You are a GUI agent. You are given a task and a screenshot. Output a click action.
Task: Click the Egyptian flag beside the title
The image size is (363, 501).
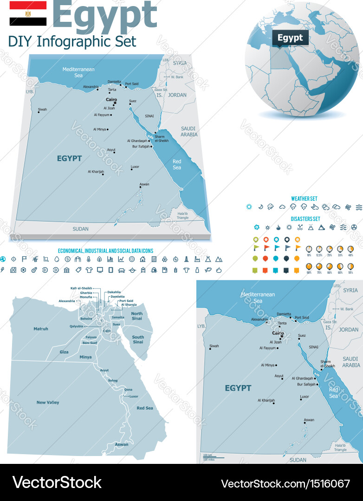[28, 13]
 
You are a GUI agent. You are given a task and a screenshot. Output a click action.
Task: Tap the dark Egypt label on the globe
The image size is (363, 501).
[291, 38]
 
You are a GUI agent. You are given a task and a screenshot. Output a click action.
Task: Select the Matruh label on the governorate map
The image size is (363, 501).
[41, 329]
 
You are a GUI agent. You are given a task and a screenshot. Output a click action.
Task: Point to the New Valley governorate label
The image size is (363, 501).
[48, 402]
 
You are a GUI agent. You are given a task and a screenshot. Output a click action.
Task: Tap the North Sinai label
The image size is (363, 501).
[136, 316]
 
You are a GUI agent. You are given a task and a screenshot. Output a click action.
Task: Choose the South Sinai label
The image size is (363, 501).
[138, 340]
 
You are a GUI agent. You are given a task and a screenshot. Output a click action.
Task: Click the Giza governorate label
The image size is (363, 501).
[64, 352]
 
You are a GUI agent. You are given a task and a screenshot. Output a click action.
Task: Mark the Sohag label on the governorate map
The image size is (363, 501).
[113, 380]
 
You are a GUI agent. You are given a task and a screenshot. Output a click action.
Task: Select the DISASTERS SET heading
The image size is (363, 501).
[305, 218]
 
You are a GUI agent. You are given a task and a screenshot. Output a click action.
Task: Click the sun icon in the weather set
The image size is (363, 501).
[249, 207]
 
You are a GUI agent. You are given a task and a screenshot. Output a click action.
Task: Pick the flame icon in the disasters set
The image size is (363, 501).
[278, 227]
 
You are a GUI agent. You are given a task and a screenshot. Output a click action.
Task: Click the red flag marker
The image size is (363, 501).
[266, 248]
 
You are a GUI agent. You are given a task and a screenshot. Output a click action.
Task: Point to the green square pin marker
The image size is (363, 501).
[255, 270]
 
